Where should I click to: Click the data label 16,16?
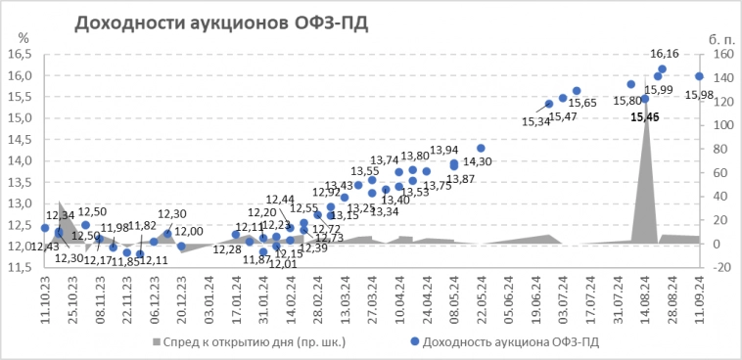point(665,54)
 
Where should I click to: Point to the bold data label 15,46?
point(645,116)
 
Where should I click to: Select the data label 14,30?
point(477,161)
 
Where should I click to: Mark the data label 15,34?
point(536,122)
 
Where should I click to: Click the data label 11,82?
point(142,226)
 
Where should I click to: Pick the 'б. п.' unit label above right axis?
point(721,37)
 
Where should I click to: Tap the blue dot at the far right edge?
point(700,76)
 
